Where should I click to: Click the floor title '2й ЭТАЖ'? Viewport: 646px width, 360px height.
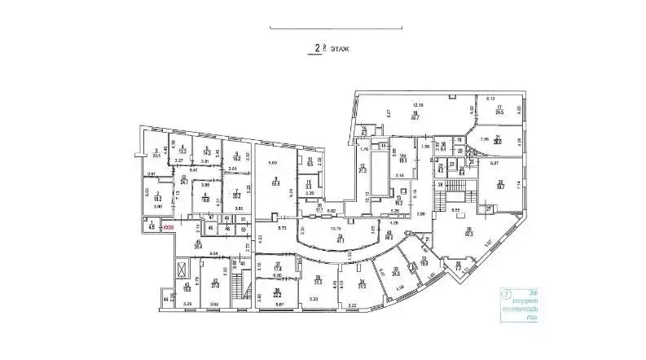[x=323, y=48]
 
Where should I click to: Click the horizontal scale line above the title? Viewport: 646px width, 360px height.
[x=323, y=30]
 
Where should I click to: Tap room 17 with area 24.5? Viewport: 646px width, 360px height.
[x=499, y=110]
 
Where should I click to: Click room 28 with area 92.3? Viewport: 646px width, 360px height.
[x=468, y=232]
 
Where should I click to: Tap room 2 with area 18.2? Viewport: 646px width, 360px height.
[x=158, y=195]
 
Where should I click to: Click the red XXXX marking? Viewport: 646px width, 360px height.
[x=169, y=227]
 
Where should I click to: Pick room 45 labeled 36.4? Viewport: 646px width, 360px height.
[x=198, y=244]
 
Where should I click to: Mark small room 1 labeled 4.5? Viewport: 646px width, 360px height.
[x=152, y=227]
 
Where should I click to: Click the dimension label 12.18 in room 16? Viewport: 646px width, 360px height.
[x=418, y=105]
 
